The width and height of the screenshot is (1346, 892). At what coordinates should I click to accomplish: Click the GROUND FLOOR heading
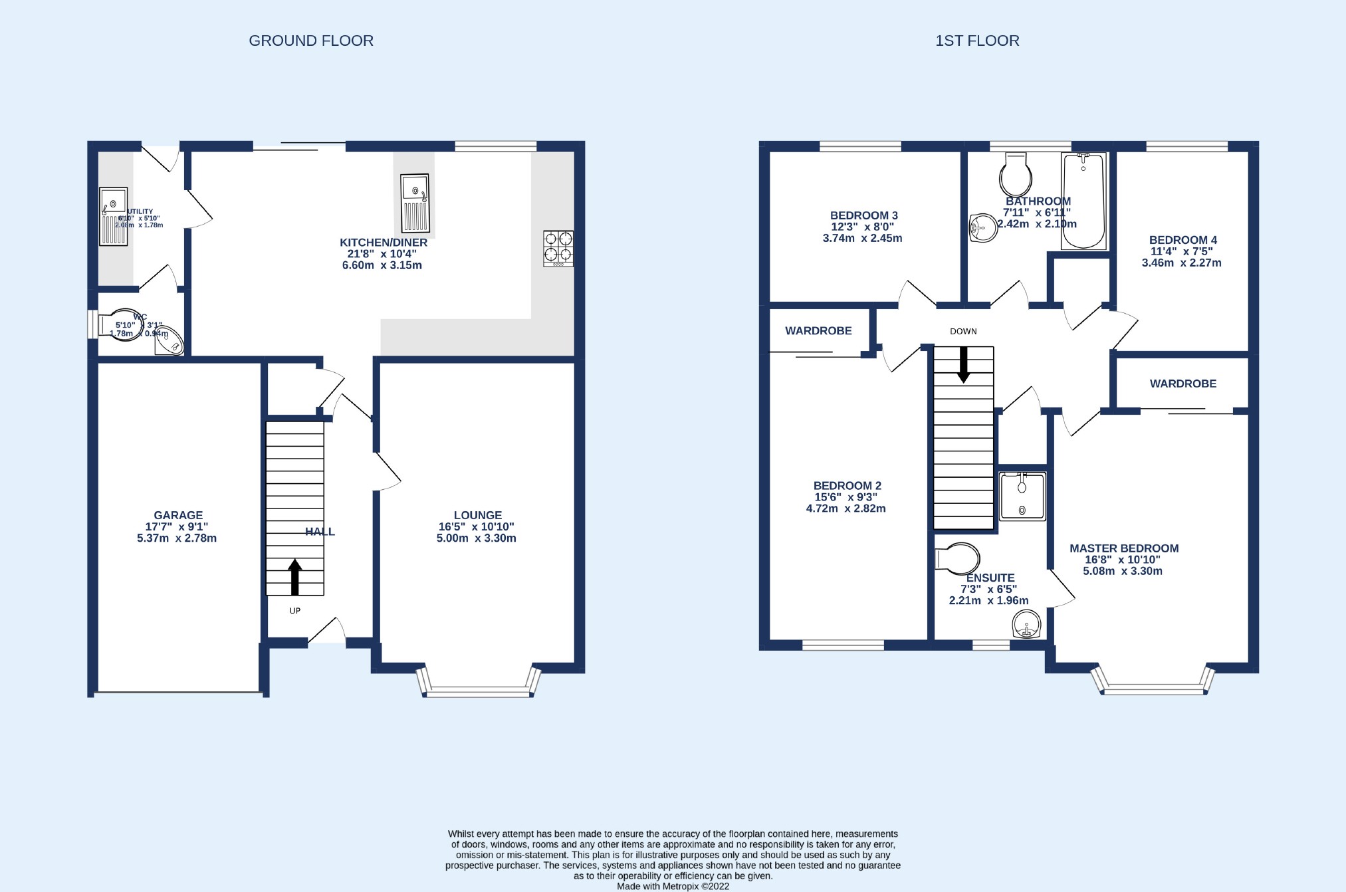tap(311, 41)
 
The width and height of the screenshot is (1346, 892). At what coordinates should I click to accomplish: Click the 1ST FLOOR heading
tap(976, 41)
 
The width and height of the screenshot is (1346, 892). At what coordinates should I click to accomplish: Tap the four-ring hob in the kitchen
tap(558, 248)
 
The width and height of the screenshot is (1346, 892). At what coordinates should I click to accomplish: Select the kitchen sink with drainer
tap(415, 203)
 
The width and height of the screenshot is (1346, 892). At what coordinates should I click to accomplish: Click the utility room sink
tap(113, 217)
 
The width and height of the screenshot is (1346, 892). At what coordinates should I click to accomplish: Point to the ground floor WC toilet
tap(121, 325)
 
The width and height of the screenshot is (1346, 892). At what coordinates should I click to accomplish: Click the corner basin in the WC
tap(171, 342)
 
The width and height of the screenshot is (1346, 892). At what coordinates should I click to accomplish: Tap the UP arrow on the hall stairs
tap(294, 577)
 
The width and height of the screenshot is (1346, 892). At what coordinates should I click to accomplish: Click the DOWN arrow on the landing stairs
tap(963, 365)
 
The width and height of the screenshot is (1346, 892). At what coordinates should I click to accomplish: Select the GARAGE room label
tap(177, 515)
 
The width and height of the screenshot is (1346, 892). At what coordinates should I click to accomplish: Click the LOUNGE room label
tap(477, 515)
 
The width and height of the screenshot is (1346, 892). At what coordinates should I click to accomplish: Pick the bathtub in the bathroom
tap(1083, 201)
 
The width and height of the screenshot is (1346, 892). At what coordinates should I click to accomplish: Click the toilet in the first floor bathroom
tap(1016, 175)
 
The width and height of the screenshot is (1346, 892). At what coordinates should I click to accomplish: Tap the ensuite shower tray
tap(1022, 496)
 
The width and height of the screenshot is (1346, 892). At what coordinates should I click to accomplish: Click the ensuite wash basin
tap(1026, 625)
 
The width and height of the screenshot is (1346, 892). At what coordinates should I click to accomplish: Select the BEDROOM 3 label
tap(863, 215)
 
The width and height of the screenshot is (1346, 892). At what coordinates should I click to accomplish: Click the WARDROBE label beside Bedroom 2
tap(818, 330)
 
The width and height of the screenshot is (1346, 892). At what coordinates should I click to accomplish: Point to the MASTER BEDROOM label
tap(1123, 548)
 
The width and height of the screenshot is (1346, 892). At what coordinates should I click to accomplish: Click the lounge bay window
tap(479, 691)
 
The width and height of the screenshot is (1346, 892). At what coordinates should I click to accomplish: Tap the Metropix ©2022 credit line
tap(673, 886)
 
